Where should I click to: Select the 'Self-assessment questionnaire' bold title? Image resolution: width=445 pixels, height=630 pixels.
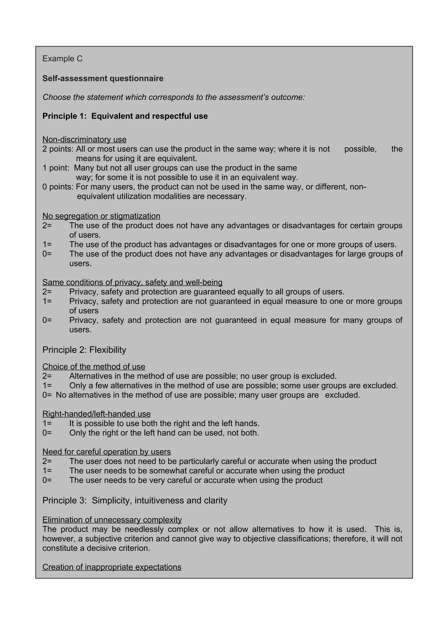[x=103, y=78]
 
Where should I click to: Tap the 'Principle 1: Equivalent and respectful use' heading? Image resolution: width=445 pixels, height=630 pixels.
[x=125, y=116]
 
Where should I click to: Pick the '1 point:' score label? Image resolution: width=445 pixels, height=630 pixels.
[x=56, y=168]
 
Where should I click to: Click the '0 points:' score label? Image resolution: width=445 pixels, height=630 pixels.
[x=58, y=187]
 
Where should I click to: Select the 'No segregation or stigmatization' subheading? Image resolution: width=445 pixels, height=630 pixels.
[x=101, y=216]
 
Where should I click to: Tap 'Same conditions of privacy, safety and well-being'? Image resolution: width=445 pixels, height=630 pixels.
[x=132, y=282]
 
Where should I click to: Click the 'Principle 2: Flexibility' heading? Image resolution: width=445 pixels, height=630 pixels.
[x=84, y=350]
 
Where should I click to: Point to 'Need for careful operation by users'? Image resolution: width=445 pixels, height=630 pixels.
[x=106, y=452]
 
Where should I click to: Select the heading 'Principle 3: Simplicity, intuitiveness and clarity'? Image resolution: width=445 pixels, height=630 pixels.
[x=135, y=500]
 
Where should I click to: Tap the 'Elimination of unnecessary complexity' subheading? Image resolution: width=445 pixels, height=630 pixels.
[x=112, y=520]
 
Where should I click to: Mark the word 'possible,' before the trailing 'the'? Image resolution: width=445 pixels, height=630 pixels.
[x=360, y=149]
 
